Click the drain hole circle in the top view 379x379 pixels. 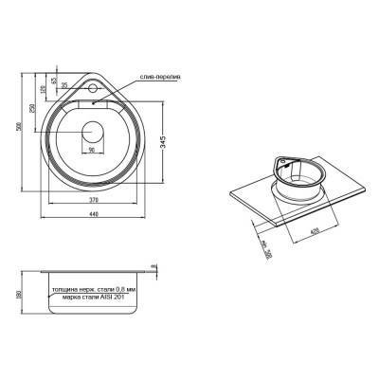[x=94, y=132]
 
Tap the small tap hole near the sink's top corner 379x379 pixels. [x=95, y=90]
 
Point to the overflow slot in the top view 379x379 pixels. [x=95, y=103]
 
